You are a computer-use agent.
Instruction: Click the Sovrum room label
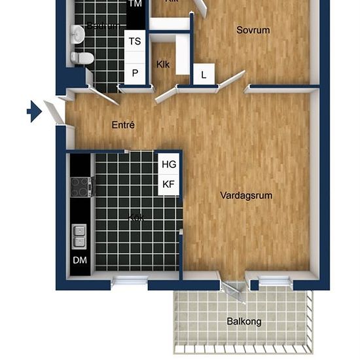coord(253,30)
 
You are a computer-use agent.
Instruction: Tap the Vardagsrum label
coord(246,195)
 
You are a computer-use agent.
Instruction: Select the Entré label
coord(123,124)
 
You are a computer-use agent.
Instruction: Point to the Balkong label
coord(243,321)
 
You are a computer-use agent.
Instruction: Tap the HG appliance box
coord(168,164)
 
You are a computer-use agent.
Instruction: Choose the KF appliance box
coord(168,185)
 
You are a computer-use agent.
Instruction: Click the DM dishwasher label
coord(80,261)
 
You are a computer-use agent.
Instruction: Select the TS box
coord(135,41)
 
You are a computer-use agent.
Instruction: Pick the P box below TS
coord(135,73)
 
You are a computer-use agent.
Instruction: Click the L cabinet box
coord(204,75)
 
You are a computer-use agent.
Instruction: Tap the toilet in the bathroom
coord(82,58)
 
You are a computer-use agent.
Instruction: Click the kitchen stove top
coord(80,187)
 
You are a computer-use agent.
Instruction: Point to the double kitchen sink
coord(79,236)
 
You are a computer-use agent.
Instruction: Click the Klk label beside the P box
coord(163,65)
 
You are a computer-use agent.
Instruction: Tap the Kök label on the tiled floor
coord(136,217)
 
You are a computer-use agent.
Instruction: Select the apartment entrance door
coord(54,110)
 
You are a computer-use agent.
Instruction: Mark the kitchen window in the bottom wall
coord(130,281)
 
